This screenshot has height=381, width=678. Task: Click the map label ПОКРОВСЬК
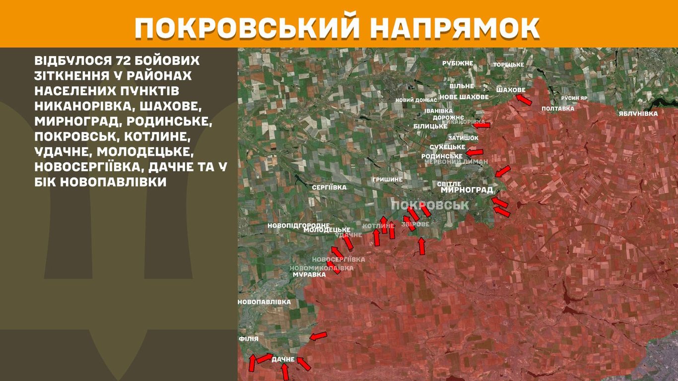point(430,205)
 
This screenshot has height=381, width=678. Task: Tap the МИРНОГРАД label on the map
point(467,190)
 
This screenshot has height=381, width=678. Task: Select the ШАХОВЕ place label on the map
point(510,90)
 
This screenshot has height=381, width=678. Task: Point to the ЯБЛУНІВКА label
point(638,114)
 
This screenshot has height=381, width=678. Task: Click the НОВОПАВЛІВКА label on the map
point(264,302)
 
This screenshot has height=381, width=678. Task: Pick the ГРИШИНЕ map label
point(387,179)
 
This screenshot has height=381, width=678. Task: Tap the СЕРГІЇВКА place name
point(329,188)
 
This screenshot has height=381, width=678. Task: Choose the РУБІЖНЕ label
point(458,63)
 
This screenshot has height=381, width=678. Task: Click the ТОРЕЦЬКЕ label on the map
point(508,65)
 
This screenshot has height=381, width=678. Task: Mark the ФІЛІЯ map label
point(248,339)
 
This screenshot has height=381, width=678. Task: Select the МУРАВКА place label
point(309,274)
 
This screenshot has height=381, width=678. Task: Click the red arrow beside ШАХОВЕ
point(523,100)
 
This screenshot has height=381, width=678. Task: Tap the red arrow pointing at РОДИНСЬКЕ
point(475,152)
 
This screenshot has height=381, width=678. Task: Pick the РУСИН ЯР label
point(574,98)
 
